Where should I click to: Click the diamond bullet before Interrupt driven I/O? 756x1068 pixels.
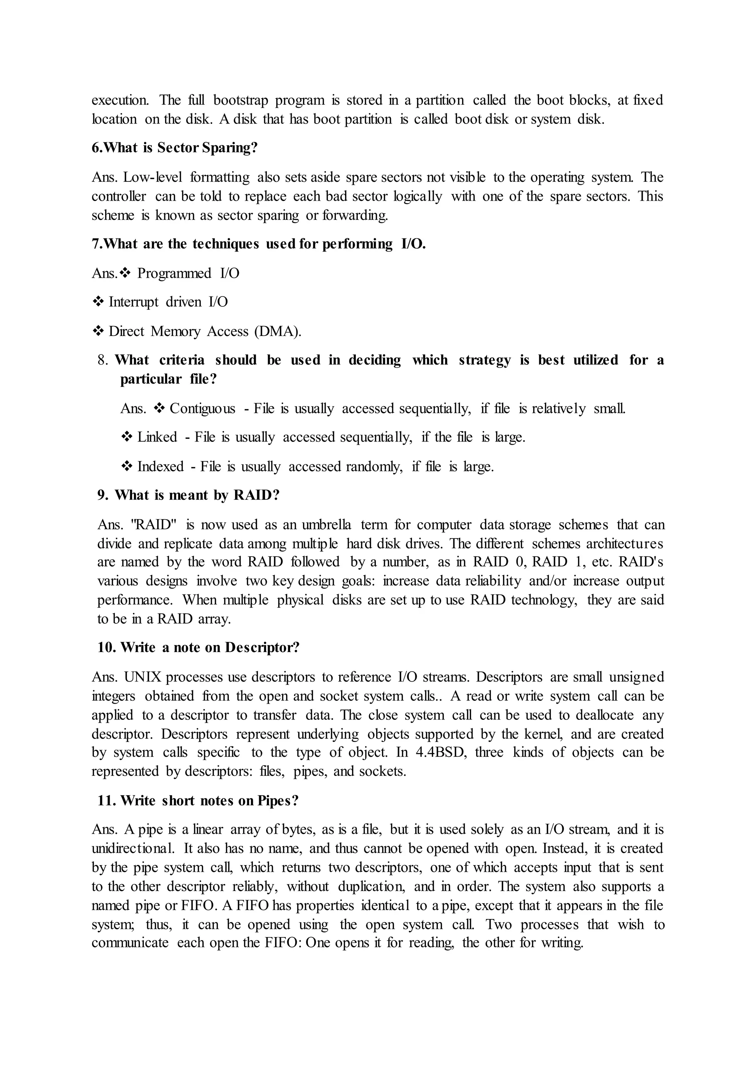tap(98, 302)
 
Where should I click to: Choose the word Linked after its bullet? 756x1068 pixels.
tap(157, 437)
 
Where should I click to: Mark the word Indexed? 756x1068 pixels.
tap(161, 466)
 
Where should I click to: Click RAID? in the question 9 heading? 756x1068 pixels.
tap(256, 495)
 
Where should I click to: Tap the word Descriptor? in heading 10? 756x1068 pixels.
tap(262, 648)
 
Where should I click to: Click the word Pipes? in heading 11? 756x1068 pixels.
tap(278, 801)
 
